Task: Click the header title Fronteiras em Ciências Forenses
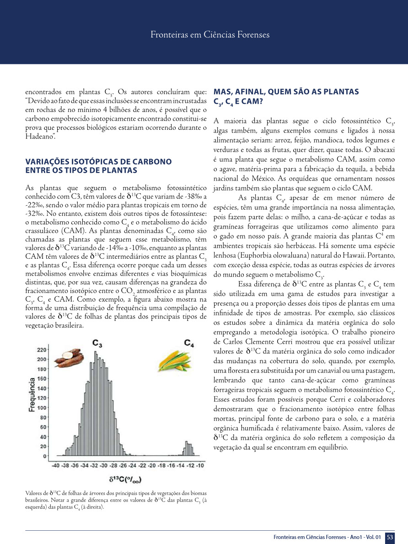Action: (210, 35)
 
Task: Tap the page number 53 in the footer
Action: (390, 537)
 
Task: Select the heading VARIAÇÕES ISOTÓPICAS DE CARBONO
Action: (98, 162)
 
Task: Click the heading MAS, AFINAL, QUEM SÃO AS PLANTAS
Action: (286, 92)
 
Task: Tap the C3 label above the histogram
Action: (97, 342)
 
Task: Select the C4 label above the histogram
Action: (189, 342)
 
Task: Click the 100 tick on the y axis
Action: (41, 408)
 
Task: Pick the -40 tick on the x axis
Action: (55, 465)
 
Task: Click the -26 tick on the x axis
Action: (123, 465)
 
